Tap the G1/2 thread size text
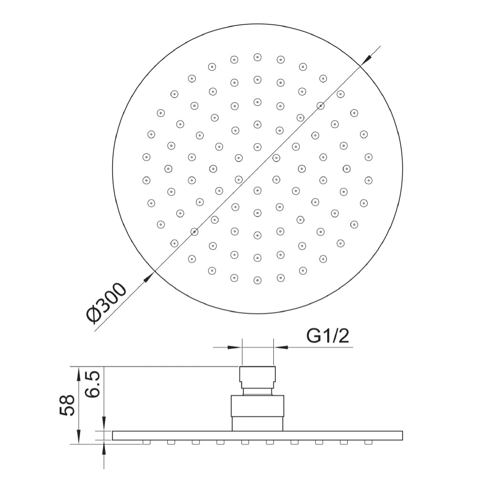(328, 337)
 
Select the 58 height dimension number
(68, 405)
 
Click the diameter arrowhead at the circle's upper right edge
(366, 59)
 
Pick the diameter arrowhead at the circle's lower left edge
(148, 277)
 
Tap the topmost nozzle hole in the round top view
(258, 57)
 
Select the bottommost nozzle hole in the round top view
(258, 280)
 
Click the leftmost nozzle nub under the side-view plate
(146, 442)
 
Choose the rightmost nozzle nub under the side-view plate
(368, 442)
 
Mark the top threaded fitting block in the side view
(258, 377)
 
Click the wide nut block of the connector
(258, 406)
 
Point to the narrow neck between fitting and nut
(258, 391)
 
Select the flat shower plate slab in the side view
(258, 435)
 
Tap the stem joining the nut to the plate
(258, 424)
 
